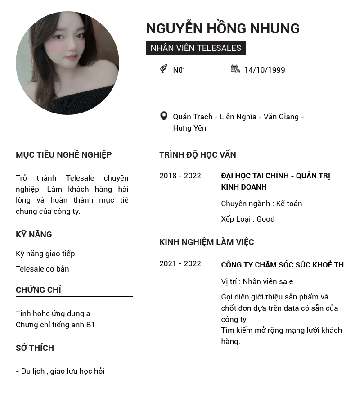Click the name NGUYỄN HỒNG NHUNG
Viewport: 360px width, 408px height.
coord(223,28)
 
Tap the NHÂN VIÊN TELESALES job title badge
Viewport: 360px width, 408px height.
coord(196,48)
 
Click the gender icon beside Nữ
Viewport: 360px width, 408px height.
coord(164,69)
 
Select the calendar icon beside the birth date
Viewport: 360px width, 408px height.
coord(235,69)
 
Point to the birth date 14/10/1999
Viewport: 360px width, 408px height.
coord(265,70)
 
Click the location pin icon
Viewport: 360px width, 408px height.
coord(164,116)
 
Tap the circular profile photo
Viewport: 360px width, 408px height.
coord(67,63)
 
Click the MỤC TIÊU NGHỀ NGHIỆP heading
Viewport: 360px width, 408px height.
coord(64,155)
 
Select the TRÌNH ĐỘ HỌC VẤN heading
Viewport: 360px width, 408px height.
coord(198,155)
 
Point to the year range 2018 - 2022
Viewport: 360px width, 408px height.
coord(180,176)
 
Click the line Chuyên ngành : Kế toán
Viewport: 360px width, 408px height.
coord(261,204)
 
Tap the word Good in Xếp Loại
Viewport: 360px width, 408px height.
coord(265,219)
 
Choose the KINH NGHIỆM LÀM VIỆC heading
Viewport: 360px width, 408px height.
coord(207,242)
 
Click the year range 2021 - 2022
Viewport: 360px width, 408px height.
coord(180,263)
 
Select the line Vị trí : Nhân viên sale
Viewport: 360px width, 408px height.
coord(257,281)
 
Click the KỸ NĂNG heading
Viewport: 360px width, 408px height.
coord(34,235)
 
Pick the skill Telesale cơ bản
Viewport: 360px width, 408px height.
coord(42,269)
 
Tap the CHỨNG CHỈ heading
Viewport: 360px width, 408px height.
coord(38,290)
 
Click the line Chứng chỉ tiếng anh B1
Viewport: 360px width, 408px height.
coord(55,325)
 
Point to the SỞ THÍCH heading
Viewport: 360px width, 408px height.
coord(35,348)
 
